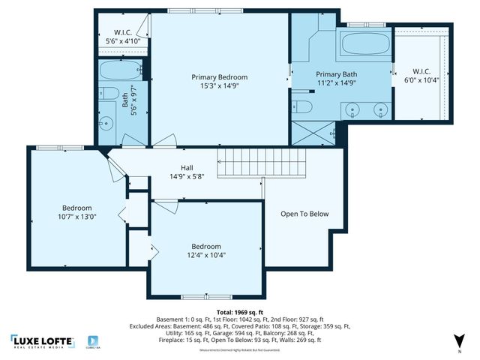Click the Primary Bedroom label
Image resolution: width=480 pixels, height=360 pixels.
point(219,77)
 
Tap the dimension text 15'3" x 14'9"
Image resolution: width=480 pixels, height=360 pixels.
point(219,86)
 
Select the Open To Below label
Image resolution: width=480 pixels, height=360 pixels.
point(304,214)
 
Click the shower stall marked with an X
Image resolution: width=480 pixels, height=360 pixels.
point(310,133)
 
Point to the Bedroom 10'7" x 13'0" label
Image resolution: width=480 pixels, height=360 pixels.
point(76,212)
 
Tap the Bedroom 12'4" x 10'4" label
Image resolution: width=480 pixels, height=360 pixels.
point(205,251)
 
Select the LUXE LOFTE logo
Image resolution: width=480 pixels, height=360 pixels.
point(43,342)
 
